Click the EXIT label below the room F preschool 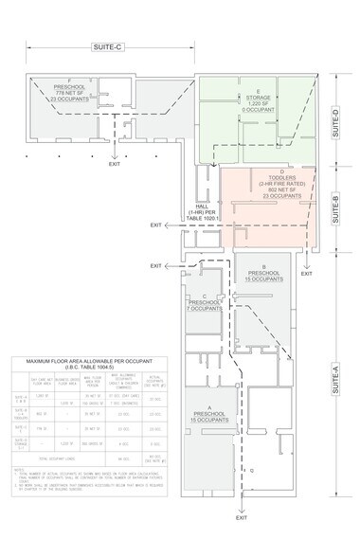tap(115, 164)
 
